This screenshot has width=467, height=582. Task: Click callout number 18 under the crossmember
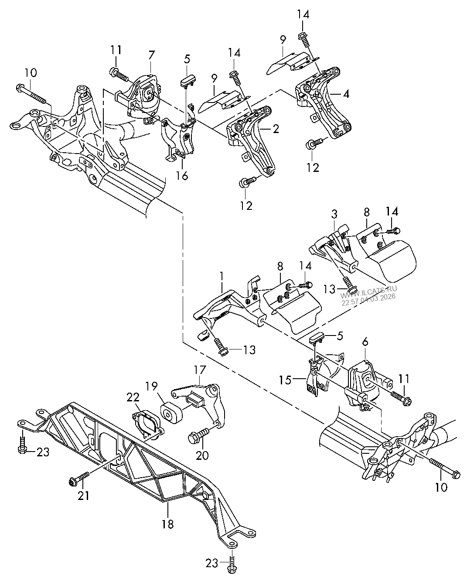167,524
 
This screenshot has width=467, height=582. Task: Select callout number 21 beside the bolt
84,496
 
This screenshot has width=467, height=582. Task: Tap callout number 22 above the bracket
133,397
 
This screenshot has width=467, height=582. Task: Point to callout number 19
152,386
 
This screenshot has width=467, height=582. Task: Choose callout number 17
200,370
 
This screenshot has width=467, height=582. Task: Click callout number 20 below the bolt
202,455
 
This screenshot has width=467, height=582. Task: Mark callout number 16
182,176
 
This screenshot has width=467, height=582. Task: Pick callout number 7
151,55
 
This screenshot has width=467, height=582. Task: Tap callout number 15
286,380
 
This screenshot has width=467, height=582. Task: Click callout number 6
365,342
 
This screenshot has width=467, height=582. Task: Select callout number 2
276,129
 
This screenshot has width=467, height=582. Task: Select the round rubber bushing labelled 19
171,414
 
